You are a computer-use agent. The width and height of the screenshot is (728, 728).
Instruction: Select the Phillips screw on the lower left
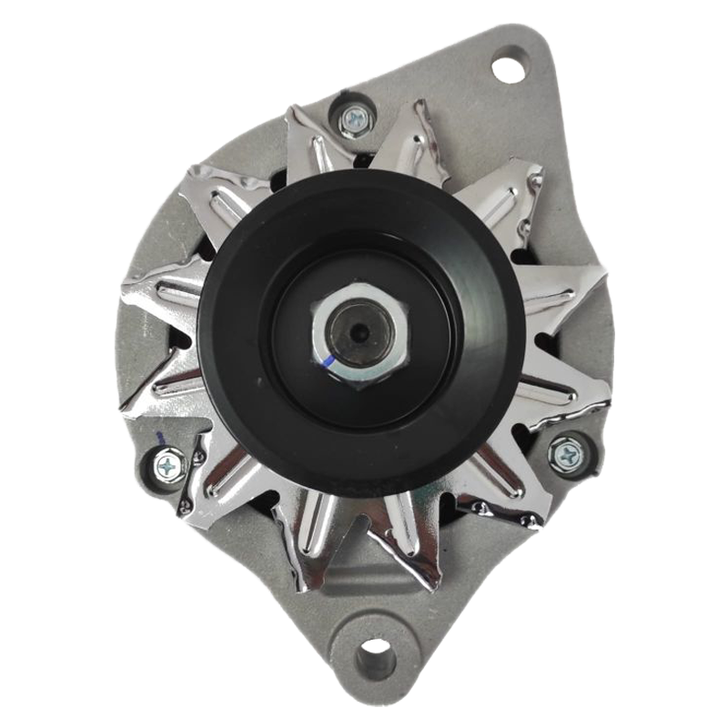170,465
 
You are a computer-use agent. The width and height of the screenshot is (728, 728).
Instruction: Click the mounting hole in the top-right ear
509,65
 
